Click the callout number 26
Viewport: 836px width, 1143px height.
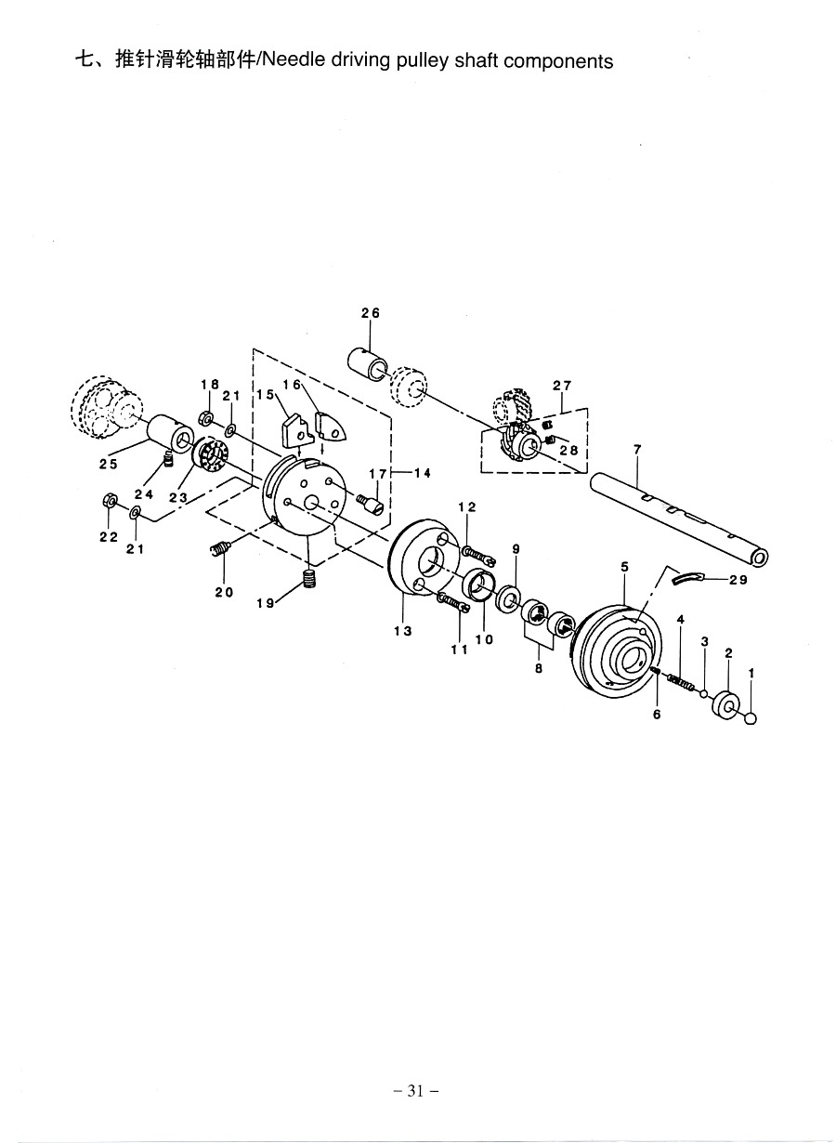click(371, 313)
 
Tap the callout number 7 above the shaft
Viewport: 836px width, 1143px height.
click(637, 450)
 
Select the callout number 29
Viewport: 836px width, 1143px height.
click(738, 580)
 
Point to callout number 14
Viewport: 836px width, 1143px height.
click(423, 474)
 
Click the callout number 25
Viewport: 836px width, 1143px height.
click(109, 464)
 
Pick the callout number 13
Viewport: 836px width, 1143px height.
click(402, 631)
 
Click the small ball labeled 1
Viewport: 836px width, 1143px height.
click(751, 718)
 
